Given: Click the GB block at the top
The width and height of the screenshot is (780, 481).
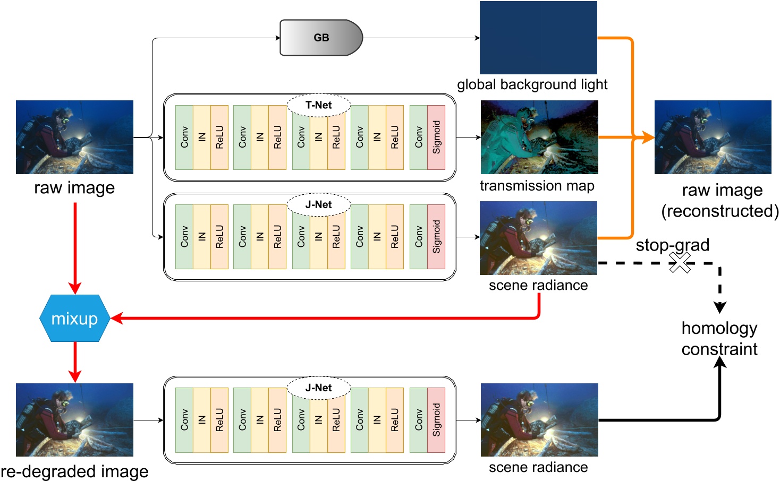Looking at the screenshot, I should (321, 38).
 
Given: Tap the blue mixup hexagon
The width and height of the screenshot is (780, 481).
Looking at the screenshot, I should (74, 319).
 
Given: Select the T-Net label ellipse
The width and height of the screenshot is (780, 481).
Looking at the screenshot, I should (318, 105).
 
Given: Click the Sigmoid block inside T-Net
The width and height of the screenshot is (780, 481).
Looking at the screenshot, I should (436, 138).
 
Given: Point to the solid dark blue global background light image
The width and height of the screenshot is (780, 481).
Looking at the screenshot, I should (538, 38).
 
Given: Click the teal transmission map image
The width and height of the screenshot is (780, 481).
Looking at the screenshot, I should (539, 137).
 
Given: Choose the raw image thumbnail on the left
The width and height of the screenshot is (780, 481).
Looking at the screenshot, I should (74, 137).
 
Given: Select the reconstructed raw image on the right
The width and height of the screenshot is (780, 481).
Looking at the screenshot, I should (713, 137).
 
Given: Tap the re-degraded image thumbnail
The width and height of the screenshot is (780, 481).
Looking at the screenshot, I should (74, 420).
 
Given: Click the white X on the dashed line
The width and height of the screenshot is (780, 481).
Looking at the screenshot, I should (680, 262).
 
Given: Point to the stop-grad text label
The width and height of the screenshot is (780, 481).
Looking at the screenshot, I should (673, 245).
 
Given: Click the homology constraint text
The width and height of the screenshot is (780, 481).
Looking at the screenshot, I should (719, 339).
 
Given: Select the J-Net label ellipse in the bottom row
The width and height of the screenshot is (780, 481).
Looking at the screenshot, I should (318, 388).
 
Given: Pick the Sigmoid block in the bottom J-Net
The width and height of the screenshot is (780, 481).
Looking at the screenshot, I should (436, 420).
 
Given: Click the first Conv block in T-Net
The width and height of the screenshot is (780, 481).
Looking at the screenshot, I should (184, 138).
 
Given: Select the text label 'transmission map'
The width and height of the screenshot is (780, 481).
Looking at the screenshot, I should (537, 186).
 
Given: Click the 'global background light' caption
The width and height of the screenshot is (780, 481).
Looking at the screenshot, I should (532, 84).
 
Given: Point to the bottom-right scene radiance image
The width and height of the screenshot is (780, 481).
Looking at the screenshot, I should (539, 420).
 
